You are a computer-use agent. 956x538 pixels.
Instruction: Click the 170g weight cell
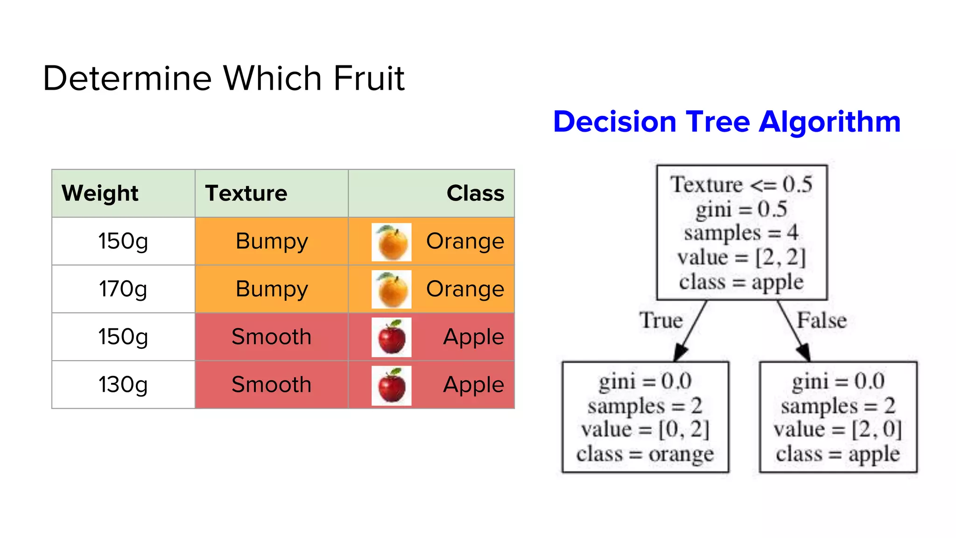click(123, 289)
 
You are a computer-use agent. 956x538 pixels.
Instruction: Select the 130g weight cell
click(123, 385)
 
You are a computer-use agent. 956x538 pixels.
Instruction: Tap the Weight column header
click(100, 193)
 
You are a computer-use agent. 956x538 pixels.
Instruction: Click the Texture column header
click(246, 193)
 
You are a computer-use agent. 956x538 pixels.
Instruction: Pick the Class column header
click(475, 193)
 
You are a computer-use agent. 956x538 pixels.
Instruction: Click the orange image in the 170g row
click(392, 290)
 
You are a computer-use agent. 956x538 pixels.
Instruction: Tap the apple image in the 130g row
click(392, 385)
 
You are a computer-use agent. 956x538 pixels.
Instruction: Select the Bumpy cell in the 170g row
click(272, 289)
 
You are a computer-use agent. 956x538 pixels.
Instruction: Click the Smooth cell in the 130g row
click(272, 385)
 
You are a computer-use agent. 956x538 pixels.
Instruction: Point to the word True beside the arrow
click(661, 321)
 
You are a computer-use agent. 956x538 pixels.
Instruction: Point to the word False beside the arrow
click(821, 321)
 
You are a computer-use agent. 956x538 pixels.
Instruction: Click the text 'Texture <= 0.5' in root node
click(741, 184)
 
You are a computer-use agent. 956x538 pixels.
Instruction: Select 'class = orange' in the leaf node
click(645, 454)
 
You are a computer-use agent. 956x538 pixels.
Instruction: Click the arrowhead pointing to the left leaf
click(681, 352)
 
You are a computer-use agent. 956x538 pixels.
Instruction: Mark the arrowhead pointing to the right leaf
click(804, 352)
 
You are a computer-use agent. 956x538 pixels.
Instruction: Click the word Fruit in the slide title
click(369, 78)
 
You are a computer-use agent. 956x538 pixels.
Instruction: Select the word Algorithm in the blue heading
click(829, 122)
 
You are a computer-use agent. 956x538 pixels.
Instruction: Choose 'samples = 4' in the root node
click(741, 233)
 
